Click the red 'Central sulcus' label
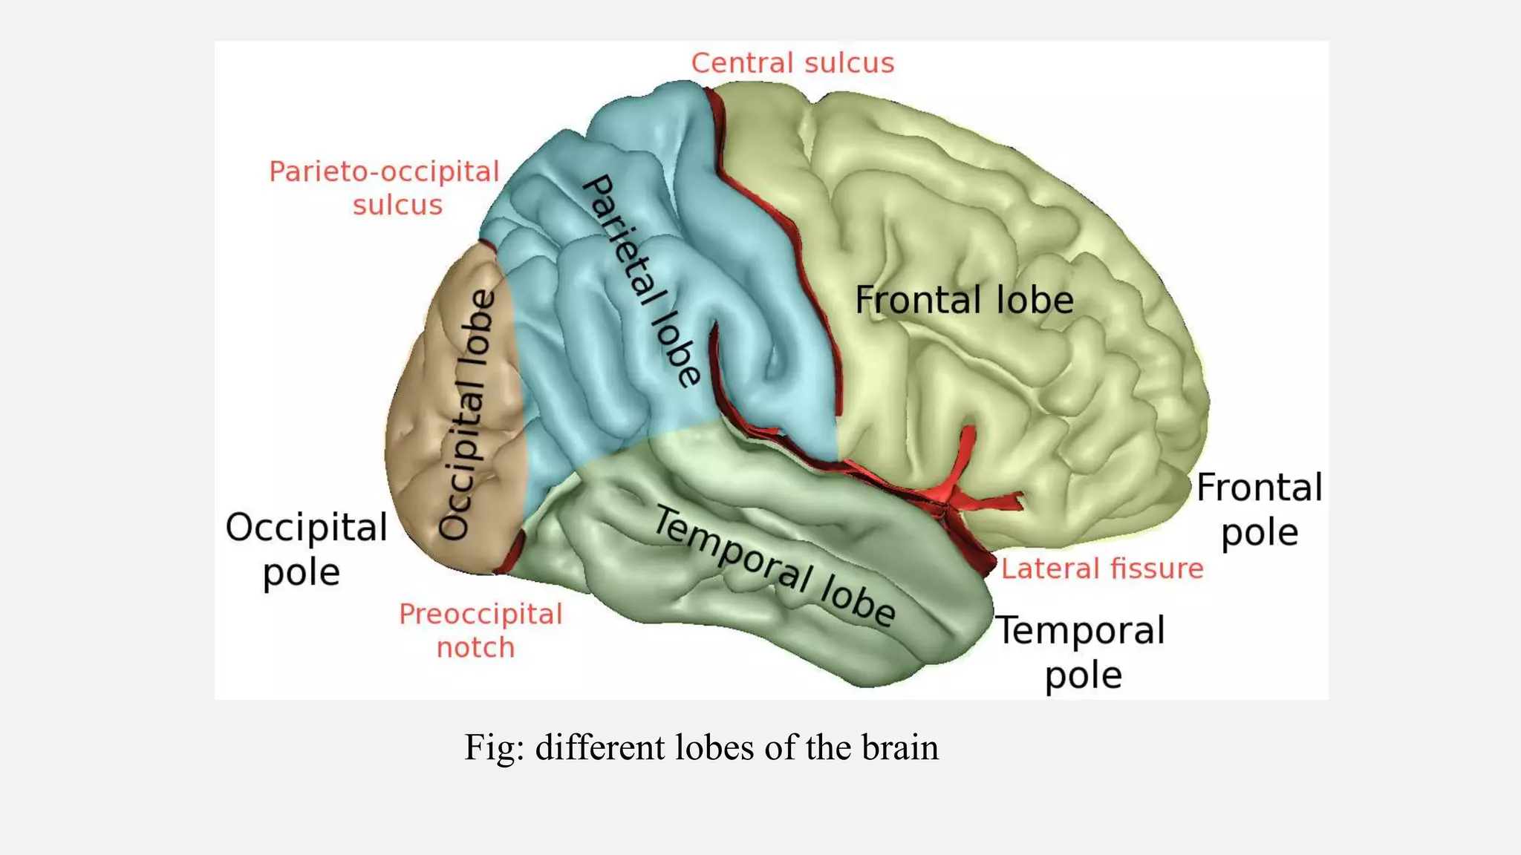792,63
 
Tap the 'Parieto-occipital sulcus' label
384,188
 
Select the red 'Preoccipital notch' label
481,630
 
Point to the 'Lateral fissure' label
1101,569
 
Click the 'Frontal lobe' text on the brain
964,300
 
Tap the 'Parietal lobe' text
640,281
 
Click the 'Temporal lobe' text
774,567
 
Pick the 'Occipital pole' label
305,549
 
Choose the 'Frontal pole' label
1260,510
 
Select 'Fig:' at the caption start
494,747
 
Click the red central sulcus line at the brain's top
716,111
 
